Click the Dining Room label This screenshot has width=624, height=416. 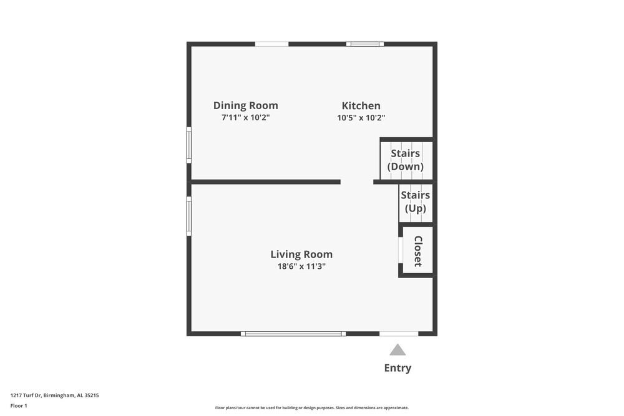tap(245, 105)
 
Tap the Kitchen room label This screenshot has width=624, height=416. tap(361, 105)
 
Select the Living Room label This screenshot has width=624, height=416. tap(301, 254)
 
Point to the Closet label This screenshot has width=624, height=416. tap(418, 251)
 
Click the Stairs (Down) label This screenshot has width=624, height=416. tap(406, 160)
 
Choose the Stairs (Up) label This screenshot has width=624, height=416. tap(416, 201)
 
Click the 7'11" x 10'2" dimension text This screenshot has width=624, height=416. tap(245, 117)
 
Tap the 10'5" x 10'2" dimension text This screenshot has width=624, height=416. tap(361, 117)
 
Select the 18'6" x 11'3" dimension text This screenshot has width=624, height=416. tap(301, 266)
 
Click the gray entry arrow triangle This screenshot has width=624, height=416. tap(397, 350)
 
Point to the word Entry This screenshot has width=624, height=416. tap(397, 368)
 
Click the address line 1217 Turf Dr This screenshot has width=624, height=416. tap(55, 395)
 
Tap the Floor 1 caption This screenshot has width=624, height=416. tap(19, 405)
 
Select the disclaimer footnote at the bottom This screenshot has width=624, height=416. tap(312, 408)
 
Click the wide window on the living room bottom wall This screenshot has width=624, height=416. tap(293, 334)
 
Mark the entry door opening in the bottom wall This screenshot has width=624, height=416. tap(399, 334)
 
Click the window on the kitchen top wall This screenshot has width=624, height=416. tap(365, 44)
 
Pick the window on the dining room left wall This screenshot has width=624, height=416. tap(189, 145)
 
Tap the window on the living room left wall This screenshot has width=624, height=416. tap(189, 216)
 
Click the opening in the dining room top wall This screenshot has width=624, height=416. tap(271, 44)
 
